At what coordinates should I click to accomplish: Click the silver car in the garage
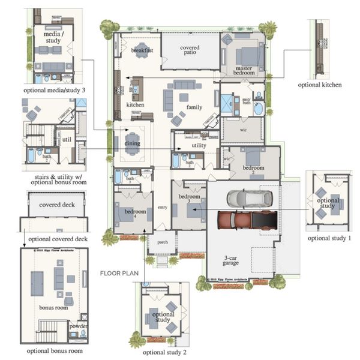[249, 198]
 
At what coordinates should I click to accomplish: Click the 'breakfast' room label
[142, 50]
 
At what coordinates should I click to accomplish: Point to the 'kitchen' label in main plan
[135, 104]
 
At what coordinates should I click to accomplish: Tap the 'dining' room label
[132, 143]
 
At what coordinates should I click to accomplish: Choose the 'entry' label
[162, 208]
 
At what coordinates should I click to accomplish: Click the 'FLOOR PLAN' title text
[119, 272]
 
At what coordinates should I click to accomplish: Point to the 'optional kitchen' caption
[320, 85]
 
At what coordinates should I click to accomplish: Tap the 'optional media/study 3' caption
[55, 89]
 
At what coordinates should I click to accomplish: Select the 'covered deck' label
[55, 205]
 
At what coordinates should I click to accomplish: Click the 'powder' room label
[79, 326]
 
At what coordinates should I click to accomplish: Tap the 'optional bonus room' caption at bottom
[55, 350]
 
